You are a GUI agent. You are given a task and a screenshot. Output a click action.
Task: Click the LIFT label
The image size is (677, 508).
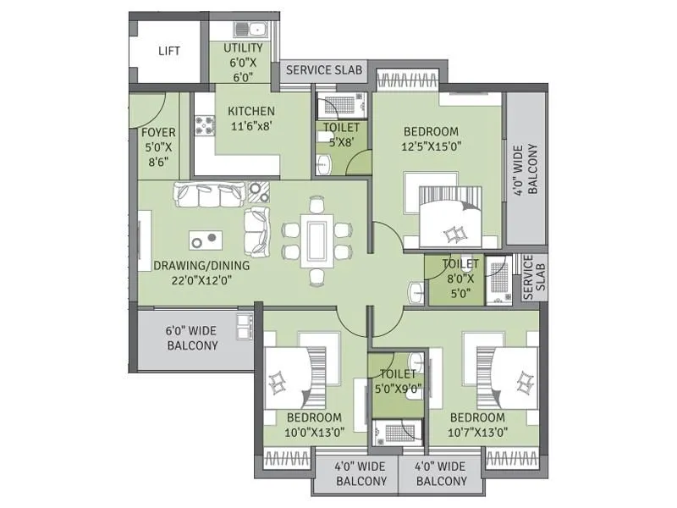coord(169,51)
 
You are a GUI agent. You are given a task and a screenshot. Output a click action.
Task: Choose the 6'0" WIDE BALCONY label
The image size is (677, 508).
coord(192,339)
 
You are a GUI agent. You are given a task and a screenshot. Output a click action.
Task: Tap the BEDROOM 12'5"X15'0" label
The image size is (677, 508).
coord(431,139)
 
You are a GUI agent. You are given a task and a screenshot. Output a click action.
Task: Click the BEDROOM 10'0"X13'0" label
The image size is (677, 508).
coord(314,425)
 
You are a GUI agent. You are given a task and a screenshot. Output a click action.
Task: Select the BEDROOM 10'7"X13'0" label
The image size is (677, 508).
coord(478,425)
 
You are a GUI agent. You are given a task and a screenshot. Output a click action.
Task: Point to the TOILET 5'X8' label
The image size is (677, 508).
coord(341,135)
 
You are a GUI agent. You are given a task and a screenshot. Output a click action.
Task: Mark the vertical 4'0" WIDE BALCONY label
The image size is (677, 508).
coord(526,170)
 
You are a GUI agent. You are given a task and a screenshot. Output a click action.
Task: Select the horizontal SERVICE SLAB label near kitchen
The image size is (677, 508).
coord(325,70)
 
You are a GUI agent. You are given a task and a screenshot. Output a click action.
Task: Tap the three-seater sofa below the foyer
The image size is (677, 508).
coord(210,195)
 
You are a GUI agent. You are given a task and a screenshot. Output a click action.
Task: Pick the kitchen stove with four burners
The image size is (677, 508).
coord(204,126)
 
